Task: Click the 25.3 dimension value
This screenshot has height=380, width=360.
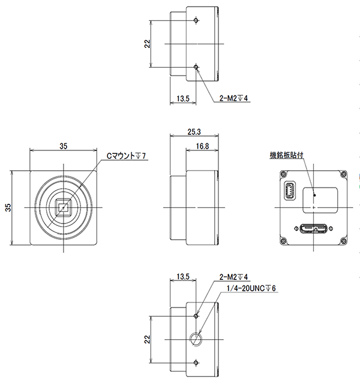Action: [x=194, y=132]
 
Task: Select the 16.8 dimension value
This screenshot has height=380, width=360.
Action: [x=202, y=146]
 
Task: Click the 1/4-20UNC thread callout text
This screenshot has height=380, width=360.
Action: [x=251, y=288]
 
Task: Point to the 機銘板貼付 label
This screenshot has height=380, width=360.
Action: [x=286, y=155]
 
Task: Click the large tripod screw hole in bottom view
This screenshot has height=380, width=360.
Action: [x=196, y=339]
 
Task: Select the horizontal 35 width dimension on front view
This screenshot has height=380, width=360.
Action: [x=64, y=146]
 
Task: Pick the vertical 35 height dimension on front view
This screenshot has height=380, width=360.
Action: [x=8, y=207]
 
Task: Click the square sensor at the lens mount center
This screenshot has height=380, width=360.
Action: [x=64, y=207]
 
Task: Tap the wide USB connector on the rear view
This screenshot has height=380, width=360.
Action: [x=313, y=228]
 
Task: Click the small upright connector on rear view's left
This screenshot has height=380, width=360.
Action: [x=290, y=191]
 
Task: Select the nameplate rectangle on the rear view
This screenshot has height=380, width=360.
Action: [x=320, y=200]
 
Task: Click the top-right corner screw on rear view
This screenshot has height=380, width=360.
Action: [x=343, y=174]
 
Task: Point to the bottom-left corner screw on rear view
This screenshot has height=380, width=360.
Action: [x=283, y=241]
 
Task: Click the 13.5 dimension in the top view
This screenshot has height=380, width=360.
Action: [x=182, y=99]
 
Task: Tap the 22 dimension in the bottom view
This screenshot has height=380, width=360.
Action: [x=147, y=339]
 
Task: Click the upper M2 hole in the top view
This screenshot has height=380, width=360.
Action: [x=196, y=20]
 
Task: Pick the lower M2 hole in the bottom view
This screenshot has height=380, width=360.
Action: [x=196, y=363]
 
